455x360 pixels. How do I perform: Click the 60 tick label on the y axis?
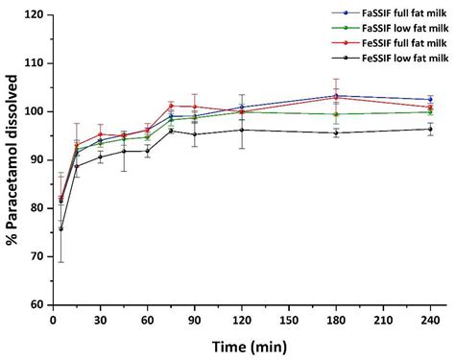pos(36,304)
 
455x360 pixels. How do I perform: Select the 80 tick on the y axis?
pos(36,208)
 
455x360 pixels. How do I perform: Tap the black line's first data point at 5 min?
pos(61,228)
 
